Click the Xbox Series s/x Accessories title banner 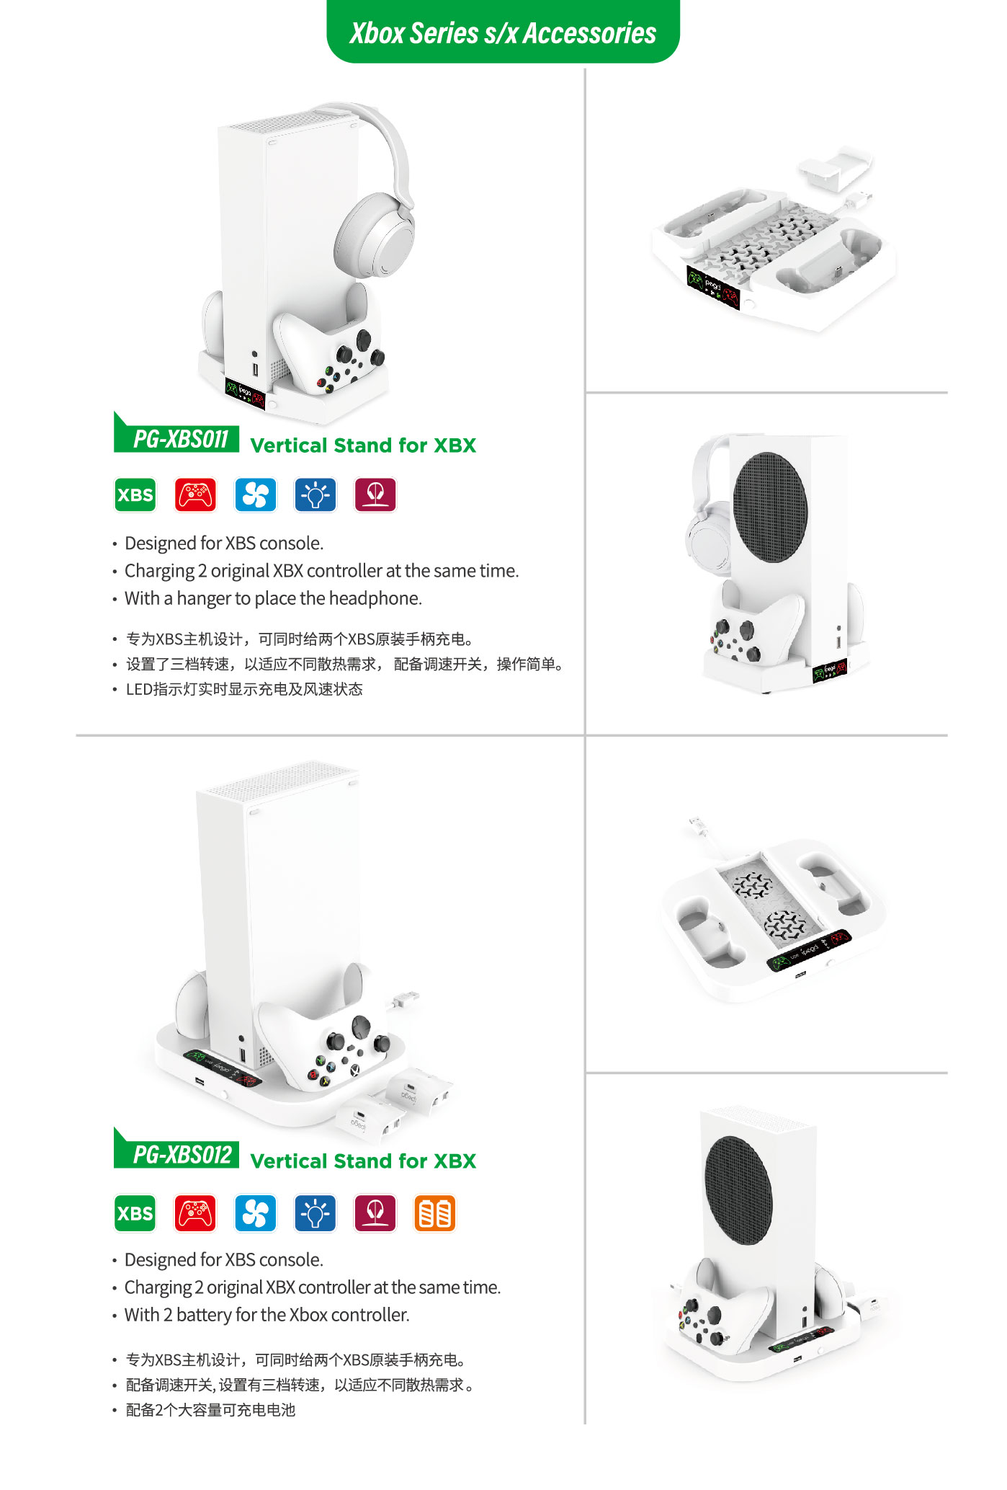(x=503, y=32)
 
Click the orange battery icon (x=435, y=1213)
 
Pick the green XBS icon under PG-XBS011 (x=135, y=495)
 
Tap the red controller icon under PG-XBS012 (x=195, y=1213)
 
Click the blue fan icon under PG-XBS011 (x=256, y=495)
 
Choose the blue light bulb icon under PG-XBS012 (x=315, y=1213)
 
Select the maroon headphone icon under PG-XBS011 (x=375, y=495)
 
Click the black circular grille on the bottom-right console (x=738, y=1190)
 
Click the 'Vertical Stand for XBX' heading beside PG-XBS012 (x=363, y=1161)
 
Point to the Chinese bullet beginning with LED (x=244, y=689)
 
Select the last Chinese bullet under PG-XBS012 (x=210, y=1410)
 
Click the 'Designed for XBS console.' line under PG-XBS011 (x=224, y=543)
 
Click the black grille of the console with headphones (x=770, y=507)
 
